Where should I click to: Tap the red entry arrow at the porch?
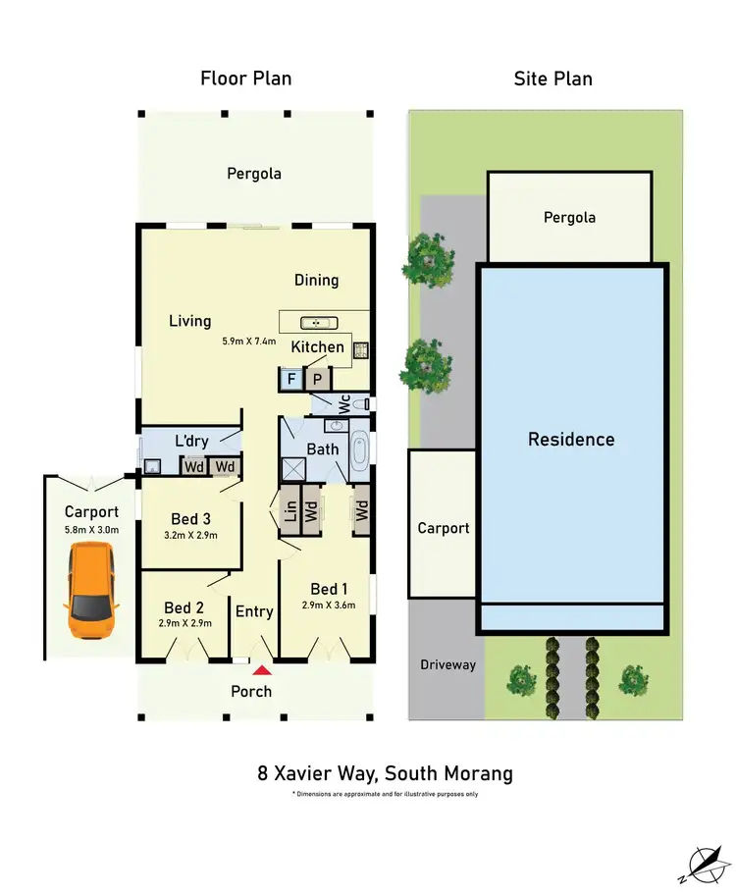[x=262, y=671]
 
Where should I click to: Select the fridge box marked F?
[x=290, y=379]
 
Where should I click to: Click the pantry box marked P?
[x=317, y=379]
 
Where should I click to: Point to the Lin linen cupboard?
[x=289, y=510]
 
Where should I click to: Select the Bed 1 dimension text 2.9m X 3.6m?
[x=328, y=606]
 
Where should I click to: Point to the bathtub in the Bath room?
[x=360, y=451]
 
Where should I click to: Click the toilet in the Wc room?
[x=362, y=402]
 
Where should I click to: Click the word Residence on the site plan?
[x=571, y=439]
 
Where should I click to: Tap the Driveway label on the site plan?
[x=447, y=664]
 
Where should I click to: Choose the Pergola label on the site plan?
[x=569, y=218]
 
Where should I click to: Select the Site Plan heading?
[x=552, y=79]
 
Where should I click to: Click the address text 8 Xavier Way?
[x=384, y=773]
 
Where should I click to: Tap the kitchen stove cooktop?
[x=359, y=348]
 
